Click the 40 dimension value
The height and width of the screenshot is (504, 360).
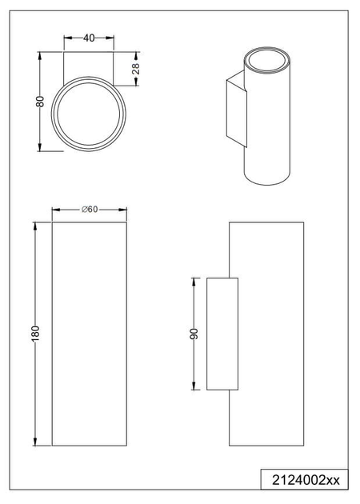[x=89, y=38]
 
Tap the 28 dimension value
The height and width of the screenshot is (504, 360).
[x=136, y=69]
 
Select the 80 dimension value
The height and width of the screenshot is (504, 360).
[x=40, y=102]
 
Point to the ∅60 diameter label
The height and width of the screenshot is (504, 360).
[x=90, y=210]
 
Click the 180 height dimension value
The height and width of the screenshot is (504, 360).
[x=35, y=334]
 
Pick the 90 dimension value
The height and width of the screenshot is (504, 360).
[x=194, y=334]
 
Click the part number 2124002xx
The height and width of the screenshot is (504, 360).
[x=306, y=480]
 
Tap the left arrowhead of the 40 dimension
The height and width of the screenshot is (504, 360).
[x=68, y=38]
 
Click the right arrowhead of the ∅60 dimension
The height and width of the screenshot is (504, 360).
[x=122, y=210]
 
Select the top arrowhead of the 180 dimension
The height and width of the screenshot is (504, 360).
[x=35, y=226]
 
